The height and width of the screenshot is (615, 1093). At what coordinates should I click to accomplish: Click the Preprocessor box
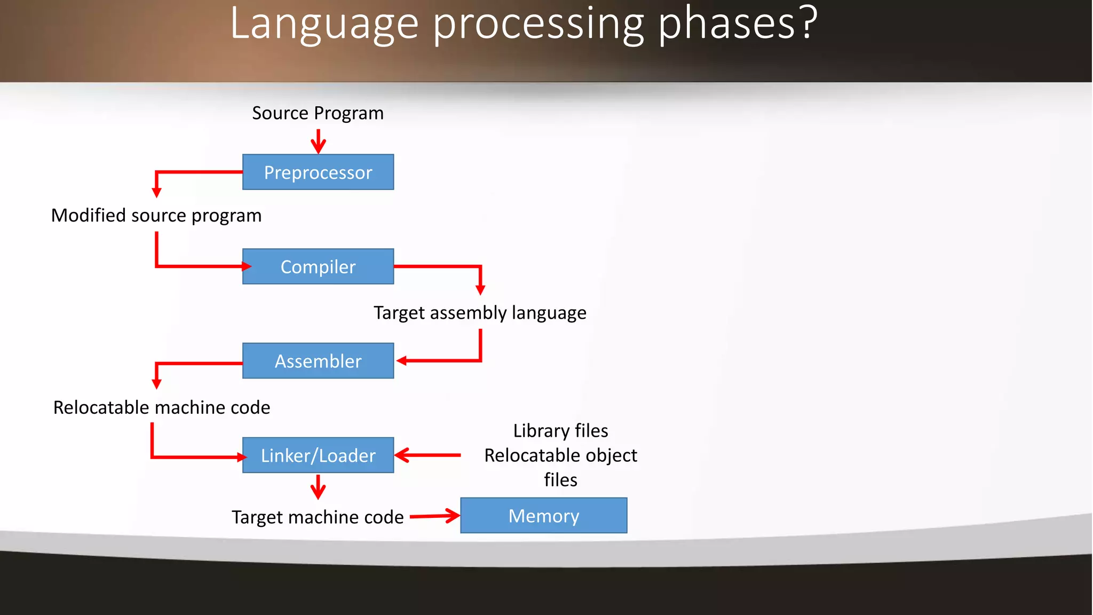tap(318, 172)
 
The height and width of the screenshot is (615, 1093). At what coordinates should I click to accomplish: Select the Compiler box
tap(318, 266)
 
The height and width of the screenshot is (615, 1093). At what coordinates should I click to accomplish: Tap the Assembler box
tap(318, 361)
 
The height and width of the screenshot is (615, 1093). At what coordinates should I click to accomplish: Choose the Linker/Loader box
tap(318, 455)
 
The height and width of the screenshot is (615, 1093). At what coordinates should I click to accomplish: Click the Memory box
tap(543, 516)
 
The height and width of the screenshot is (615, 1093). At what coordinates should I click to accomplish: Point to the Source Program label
tap(318, 113)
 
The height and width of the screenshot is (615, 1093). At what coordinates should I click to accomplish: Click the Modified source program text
tap(156, 215)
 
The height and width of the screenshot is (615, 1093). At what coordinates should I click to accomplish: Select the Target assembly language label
tap(480, 312)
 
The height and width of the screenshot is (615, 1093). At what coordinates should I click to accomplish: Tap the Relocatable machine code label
tap(162, 407)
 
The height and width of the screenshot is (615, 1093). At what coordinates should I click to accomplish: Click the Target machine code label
tap(318, 517)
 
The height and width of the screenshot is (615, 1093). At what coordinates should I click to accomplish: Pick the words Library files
tap(560, 430)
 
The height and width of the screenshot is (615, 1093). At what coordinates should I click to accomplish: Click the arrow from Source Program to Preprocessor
tap(319, 141)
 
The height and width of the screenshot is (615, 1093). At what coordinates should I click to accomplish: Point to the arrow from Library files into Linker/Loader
tap(427, 455)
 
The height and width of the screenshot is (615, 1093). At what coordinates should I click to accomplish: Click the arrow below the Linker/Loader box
tap(318, 487)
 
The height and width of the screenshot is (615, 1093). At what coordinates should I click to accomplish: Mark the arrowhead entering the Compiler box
tap(246, 266)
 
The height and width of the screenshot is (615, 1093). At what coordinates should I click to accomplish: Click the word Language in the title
tap(324, 24)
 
